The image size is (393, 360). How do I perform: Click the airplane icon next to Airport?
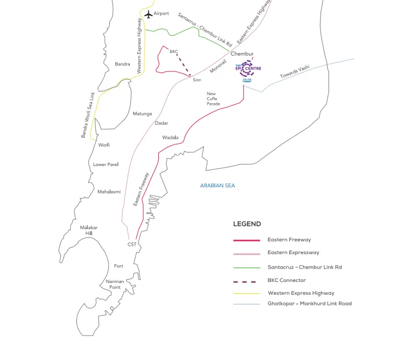coord(148,13)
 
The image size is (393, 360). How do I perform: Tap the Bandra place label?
coord(122,64)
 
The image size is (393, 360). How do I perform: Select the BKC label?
coord(173,51)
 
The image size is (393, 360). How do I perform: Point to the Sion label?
coord(197,80)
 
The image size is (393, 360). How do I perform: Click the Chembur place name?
coord(242,54)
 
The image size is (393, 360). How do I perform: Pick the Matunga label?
coord(142,114)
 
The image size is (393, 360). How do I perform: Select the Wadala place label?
coord(171,137)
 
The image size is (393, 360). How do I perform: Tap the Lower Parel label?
coord(106,164)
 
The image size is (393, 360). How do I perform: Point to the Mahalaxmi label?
coord(109,192)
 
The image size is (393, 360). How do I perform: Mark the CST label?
coord(132,244)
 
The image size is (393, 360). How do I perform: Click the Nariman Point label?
coord(115,284)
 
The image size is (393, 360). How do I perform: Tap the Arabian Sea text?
coord(218,185)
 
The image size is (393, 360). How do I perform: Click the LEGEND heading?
coord(247,224)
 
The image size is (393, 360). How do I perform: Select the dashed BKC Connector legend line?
coord(246,281)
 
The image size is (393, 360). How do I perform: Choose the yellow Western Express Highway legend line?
coord(246,293)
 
